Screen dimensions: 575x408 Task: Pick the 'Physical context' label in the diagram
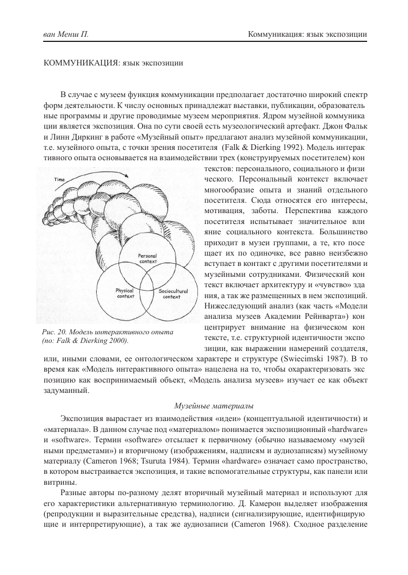point(124,294)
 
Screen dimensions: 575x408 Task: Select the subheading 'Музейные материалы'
point(204,406)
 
